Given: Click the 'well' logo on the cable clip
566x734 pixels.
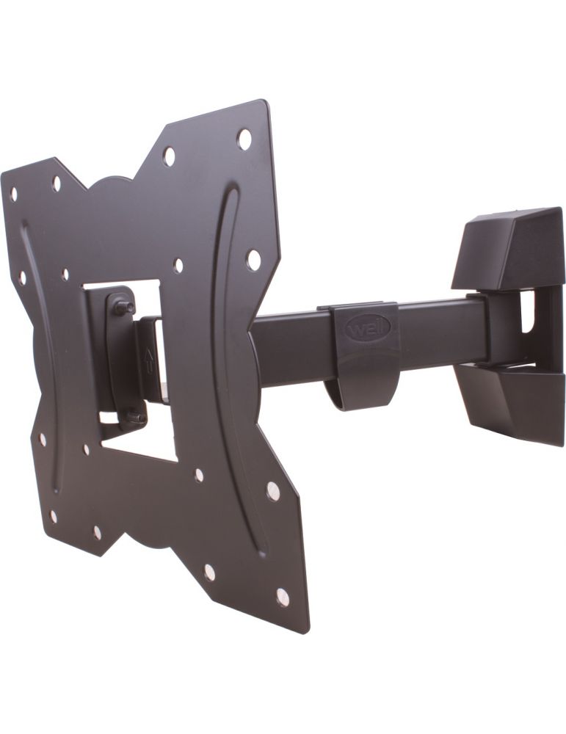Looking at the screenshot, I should coord(362,327).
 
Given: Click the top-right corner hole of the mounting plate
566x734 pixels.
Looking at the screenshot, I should coord(244,137).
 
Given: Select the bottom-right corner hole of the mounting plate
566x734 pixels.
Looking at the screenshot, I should coord(283,596).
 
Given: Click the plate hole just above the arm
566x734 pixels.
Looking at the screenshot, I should coord(253,259).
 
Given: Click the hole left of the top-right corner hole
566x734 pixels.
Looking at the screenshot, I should coord(169,156).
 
